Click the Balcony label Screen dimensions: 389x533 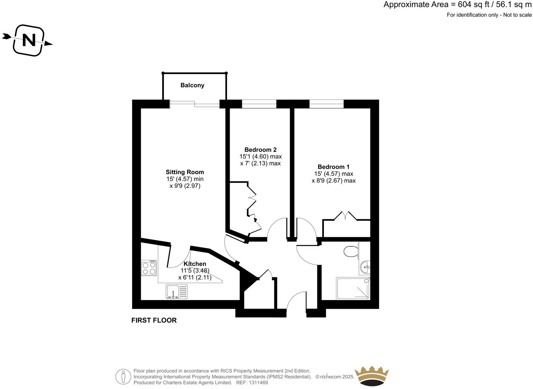tap(192, 85)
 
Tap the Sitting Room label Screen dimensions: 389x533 tap(185, 172)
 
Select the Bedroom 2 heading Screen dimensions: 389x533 tap(260, 150)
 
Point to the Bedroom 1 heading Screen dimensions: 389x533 tap(333, 167)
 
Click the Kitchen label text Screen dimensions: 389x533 tap(195, 264)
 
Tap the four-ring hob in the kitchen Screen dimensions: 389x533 tap(149, 268)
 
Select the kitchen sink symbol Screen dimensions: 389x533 tap(176, 291)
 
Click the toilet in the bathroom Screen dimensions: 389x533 tap(351, 251)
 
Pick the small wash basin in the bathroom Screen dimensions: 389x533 tap(365, 266)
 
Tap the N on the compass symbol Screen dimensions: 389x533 tap(29, 40)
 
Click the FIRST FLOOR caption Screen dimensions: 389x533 tap(154, 320)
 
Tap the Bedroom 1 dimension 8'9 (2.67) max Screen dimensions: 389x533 tap(333, 181)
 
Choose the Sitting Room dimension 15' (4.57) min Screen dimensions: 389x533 tap(185, 179)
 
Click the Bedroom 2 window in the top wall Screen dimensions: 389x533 tap(259, 104)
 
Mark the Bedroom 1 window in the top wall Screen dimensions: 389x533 tap(326, 104)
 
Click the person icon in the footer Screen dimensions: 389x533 tap(123, 376)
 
